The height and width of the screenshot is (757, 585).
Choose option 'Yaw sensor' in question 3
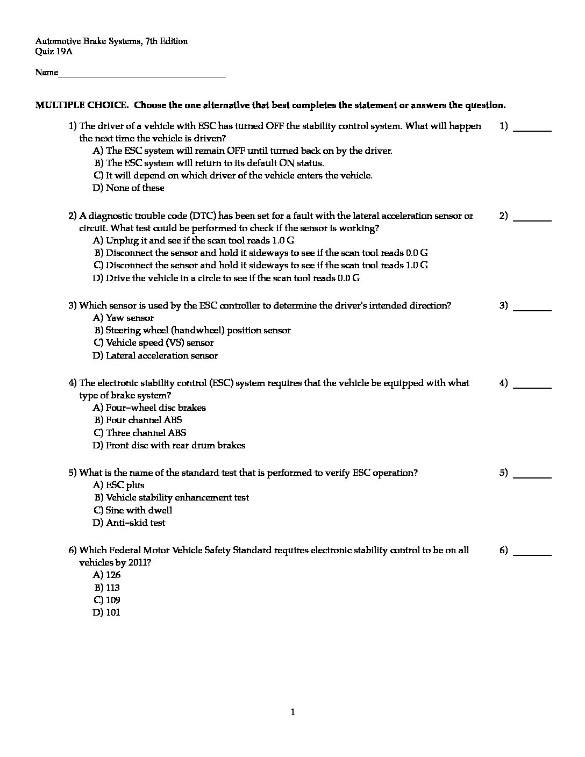(130, 318)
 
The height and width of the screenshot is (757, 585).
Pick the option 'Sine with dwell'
(139, 510)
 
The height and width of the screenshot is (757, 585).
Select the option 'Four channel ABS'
(144, 420)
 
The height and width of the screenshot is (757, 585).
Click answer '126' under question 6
(113, 575)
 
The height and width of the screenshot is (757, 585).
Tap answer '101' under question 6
(113, 612)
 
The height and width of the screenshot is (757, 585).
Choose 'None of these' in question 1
(135, 188)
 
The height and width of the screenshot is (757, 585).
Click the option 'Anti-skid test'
(135, 523)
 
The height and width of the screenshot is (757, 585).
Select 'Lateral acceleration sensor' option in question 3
(162, 355)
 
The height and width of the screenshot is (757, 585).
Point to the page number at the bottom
(292, 713)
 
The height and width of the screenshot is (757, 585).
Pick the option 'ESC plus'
(125, 485)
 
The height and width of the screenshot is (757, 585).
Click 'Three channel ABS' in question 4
(146, 433)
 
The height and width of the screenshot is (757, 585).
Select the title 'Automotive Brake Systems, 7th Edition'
(111, 41)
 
